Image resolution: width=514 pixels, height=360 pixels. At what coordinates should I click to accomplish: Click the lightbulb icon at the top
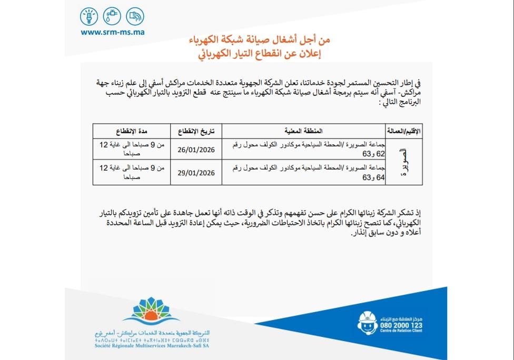pos(90,16)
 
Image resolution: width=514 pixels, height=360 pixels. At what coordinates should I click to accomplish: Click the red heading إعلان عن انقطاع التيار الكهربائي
pos(262,53)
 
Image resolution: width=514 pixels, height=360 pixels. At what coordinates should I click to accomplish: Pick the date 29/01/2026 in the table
pos(195,172)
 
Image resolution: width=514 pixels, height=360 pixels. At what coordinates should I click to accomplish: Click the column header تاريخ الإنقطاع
pos(195,130)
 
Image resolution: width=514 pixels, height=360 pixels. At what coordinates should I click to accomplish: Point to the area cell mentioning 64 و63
pos(305,172)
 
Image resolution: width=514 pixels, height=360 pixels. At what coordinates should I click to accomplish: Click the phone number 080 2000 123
pos(400,325)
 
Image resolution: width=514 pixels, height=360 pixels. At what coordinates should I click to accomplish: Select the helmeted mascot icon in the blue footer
pos(367,322)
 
